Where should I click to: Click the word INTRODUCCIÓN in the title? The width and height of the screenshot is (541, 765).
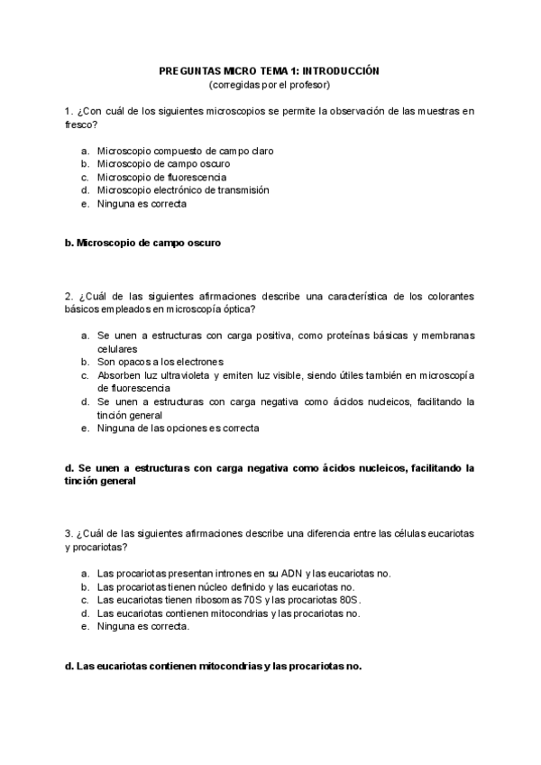(x=341, y=69)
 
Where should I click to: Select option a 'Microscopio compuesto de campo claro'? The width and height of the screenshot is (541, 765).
(x=185, y=151)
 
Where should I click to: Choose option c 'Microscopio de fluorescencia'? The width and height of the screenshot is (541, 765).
(x=162, y=177)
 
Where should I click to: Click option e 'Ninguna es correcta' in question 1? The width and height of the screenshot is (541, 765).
(x=142, y=204)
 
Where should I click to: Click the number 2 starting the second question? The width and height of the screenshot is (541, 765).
(x=68, y=296)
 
